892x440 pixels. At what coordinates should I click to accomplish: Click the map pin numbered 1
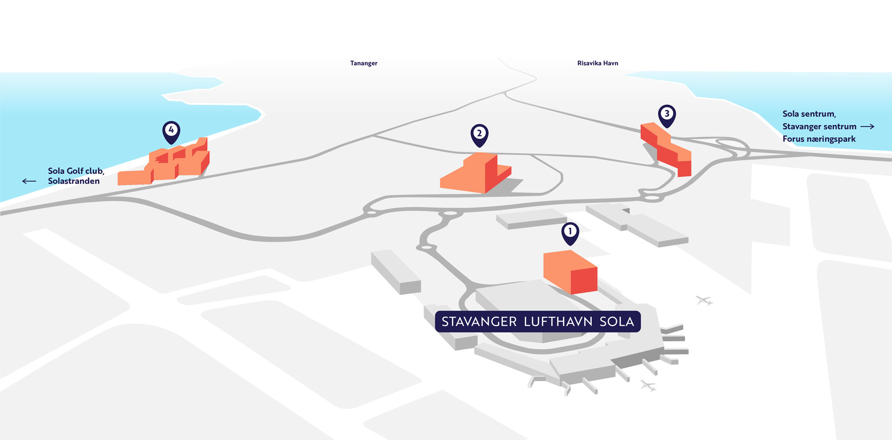click(x=570, y=232)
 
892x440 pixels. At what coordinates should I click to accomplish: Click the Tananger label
click(x=363, y=63)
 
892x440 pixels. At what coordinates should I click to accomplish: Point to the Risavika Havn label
click(x=598, y=63)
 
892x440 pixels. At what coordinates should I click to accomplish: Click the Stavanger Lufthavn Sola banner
click(x=537, y=321)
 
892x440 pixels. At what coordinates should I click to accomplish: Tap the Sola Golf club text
click(x=76, y=171)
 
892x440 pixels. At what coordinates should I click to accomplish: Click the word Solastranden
click(x=74, y=181)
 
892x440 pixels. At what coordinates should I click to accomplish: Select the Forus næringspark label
click(x=819, y=139)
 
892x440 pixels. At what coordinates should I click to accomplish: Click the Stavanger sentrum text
click(x=819, y=127)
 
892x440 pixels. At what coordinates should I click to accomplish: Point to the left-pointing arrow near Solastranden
click(x=29, y=181)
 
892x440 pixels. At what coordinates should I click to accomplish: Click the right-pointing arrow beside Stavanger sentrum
click(x=867, y=127)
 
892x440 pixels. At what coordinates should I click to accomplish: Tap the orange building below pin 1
click(x=570, y=272)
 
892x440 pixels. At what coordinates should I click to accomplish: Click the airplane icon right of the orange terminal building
click(x=704, y=301)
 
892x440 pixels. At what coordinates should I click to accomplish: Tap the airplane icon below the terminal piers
click(x=648, y=385)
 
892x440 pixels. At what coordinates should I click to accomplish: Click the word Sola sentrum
click(x=809, y=114)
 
